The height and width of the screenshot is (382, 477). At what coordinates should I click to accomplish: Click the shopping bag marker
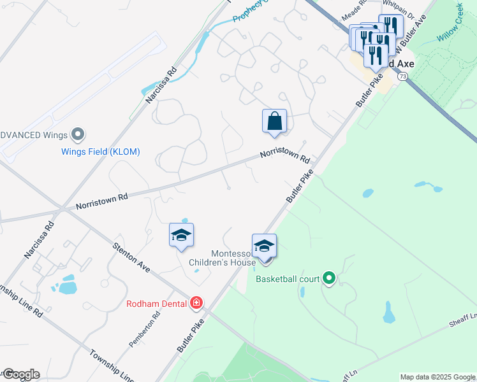click(x=274, y=121)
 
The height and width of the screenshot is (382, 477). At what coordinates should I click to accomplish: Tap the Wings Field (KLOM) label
click(x=100, y=152)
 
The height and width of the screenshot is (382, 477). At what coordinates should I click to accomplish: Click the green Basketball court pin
click(x=329, y=278)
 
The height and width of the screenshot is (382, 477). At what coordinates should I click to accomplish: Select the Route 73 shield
click(x=402, y=76)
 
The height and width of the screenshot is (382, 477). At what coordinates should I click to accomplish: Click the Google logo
click(x=20, y=374)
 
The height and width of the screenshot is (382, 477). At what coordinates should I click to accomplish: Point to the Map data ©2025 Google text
click(x=437, y=377)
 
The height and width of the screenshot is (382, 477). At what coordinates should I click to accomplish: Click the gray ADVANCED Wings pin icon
click(x=78, y=134)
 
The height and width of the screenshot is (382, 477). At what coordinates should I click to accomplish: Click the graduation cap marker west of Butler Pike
click(x=181, y=236)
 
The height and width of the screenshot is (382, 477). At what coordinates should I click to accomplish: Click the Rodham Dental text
click(x=158, y=304)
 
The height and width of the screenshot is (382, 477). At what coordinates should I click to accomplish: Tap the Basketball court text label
click(x=290, y=279)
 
